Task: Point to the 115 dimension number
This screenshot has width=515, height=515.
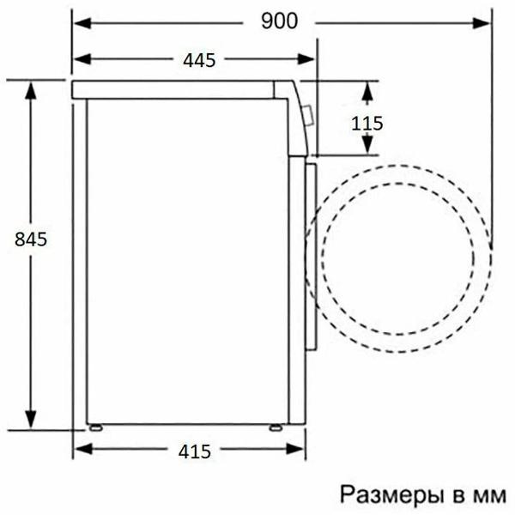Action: point(367,123)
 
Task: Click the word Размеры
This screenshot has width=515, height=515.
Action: point(392,494)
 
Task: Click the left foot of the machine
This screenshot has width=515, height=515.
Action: point(97,427)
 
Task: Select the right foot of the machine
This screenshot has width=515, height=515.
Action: point(275,427)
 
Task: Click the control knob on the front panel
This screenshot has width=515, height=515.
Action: point(307,115)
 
